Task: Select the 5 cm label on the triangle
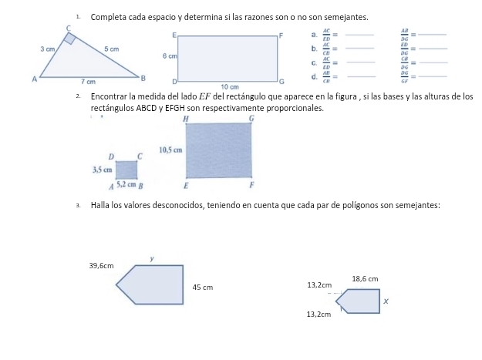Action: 113,49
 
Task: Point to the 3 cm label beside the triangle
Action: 48,49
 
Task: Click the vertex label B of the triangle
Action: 142,78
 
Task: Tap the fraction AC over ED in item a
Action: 325,35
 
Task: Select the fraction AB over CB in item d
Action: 325,76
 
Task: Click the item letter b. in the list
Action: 311,49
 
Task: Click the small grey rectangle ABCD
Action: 126,169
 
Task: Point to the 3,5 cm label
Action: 103,169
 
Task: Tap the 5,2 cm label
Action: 126,185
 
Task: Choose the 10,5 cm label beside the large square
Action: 170,149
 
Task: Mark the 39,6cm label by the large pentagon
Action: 102,265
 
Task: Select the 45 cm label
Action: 202,288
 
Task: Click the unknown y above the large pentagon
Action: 153,260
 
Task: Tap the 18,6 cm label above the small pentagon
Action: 365,278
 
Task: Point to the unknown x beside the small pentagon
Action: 386,304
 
